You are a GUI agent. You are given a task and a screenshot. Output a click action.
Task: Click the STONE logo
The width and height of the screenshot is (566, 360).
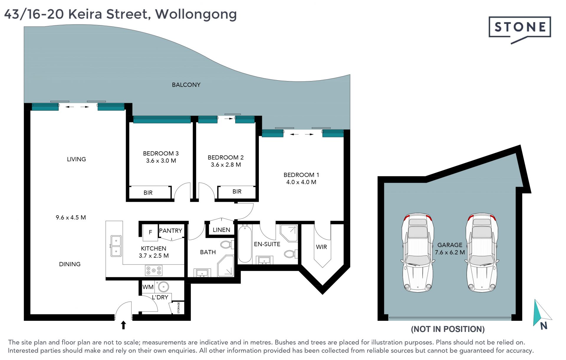click(x=520, y=29)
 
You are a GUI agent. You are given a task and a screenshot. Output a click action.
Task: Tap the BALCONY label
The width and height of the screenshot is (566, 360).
click(x=186, y=85)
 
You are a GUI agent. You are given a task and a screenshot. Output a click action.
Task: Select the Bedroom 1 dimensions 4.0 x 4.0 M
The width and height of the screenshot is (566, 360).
click(x=301, y=182)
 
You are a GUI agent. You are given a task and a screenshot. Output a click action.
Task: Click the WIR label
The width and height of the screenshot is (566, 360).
click(x=321, y=247)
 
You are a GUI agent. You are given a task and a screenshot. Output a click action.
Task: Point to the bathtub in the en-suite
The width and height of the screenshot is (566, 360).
click(x=245, y=244)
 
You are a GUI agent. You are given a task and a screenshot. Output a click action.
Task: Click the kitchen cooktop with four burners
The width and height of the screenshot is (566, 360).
click(x=154, y=270)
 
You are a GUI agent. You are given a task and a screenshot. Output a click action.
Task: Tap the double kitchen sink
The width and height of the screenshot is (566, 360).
click(x=116, y=246)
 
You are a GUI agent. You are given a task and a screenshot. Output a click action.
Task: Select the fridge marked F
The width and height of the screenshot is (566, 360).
click(x=150, y=232)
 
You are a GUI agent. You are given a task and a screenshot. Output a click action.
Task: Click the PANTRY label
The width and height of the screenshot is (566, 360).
click(x=171, y=231)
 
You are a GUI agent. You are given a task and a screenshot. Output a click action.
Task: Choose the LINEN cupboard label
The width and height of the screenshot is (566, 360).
click(x=221, y=230)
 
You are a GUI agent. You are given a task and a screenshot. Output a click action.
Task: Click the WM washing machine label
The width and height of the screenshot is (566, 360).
click(x=148, y=287)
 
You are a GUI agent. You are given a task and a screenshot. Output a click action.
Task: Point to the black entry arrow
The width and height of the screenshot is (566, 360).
click(x=124, y=325)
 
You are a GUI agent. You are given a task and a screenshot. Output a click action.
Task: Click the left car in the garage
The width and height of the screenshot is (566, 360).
click(x=417, y=252)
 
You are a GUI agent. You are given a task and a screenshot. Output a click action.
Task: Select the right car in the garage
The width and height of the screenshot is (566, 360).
click(x=482, y=252)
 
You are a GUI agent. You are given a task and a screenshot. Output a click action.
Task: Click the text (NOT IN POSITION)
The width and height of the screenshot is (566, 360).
click(x=448, y=329)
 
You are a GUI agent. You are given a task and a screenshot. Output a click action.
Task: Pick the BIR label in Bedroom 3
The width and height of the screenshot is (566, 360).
click(x=148, y=193)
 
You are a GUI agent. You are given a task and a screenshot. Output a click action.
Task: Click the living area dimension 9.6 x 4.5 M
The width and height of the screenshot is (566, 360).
click(x=71, y=218)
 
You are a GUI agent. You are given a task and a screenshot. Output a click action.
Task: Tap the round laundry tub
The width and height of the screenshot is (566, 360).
click(x=163, y=287)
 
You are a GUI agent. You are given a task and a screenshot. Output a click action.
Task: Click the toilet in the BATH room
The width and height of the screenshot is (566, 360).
click(x=227, y=244)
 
